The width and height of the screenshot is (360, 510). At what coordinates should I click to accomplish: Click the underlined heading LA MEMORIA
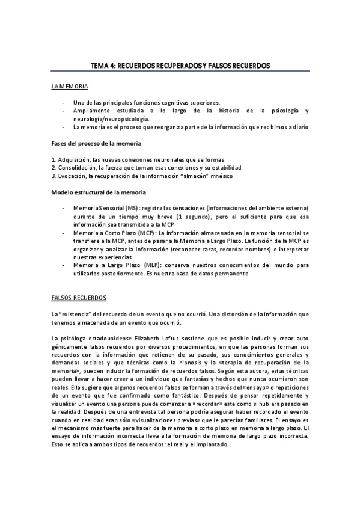[70, 88]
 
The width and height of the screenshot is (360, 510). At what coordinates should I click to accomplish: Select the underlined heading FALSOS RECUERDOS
[79, 298]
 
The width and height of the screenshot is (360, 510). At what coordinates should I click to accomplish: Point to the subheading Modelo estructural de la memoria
[98, 192]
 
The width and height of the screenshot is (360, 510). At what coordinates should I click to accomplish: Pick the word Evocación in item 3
[73, 176]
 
